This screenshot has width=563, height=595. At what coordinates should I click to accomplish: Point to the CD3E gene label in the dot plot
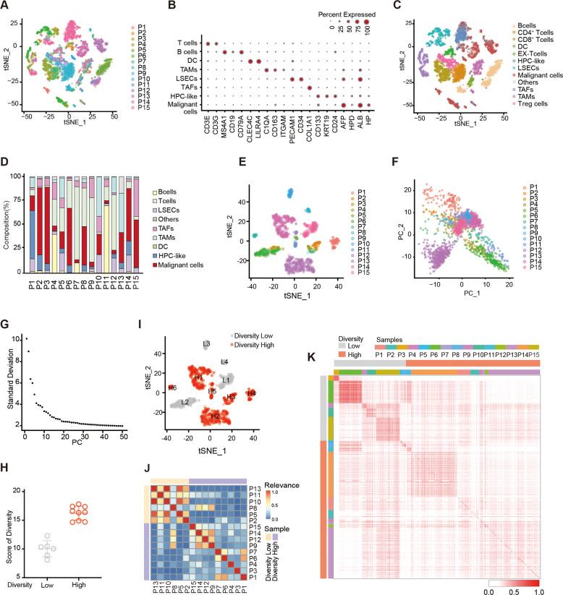(208, 126)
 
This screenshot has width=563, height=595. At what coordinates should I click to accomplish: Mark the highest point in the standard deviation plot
(27, 337)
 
